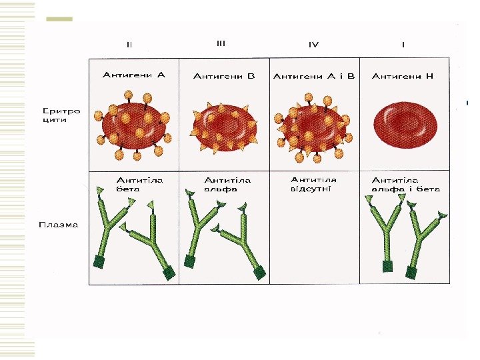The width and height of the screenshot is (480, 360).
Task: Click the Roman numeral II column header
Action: [129, 45]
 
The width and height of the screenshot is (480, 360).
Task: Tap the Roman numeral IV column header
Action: [313, 45]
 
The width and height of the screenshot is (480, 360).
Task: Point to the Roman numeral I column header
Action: [403, 45]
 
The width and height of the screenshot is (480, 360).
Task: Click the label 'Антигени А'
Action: [133, 75]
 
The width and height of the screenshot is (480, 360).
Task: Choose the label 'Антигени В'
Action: [224, 76]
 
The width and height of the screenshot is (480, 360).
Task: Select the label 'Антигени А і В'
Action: [314, 76]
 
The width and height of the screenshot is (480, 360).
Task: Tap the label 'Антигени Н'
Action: [403, 76]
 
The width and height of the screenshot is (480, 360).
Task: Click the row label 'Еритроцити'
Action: [61, 115]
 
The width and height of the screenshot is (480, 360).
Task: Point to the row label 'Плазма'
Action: [58, 225]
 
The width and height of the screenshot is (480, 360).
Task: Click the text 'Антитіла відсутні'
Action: [313, 184]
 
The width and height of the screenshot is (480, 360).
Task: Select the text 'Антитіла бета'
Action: [139, 185]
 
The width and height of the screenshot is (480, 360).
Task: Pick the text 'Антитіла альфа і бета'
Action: [405, 185]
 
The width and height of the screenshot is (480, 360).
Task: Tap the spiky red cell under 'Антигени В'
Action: [224, 127]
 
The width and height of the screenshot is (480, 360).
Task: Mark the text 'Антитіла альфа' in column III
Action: [227, 185]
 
